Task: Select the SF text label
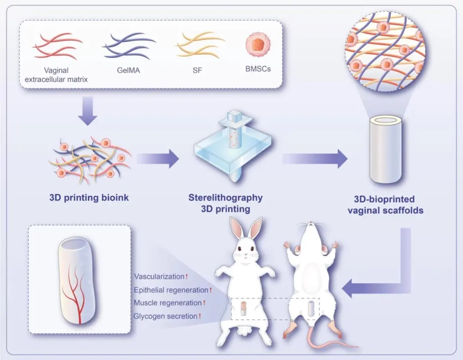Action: click(x=197, y=71)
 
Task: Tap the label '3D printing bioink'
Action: click(x=89, y=197)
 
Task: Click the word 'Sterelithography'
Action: click(x=225, y=197)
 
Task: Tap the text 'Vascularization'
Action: click(x=159, y=277)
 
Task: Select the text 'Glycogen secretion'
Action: click(x=165, y=316)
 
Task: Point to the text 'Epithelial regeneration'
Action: click(x=171, y=290)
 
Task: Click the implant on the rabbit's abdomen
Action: click(x=244, y=309)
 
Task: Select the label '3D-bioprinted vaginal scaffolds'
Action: click(x=386, y=205)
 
